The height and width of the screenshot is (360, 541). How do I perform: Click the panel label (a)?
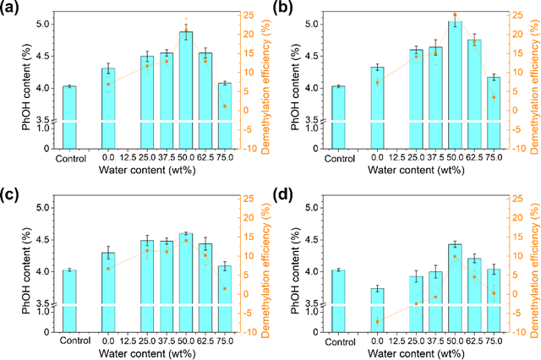(11, 10)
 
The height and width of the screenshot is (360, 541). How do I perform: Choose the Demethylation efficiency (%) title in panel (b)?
(531, 81)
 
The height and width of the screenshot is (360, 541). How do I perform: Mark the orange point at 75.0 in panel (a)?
(225, 106)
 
